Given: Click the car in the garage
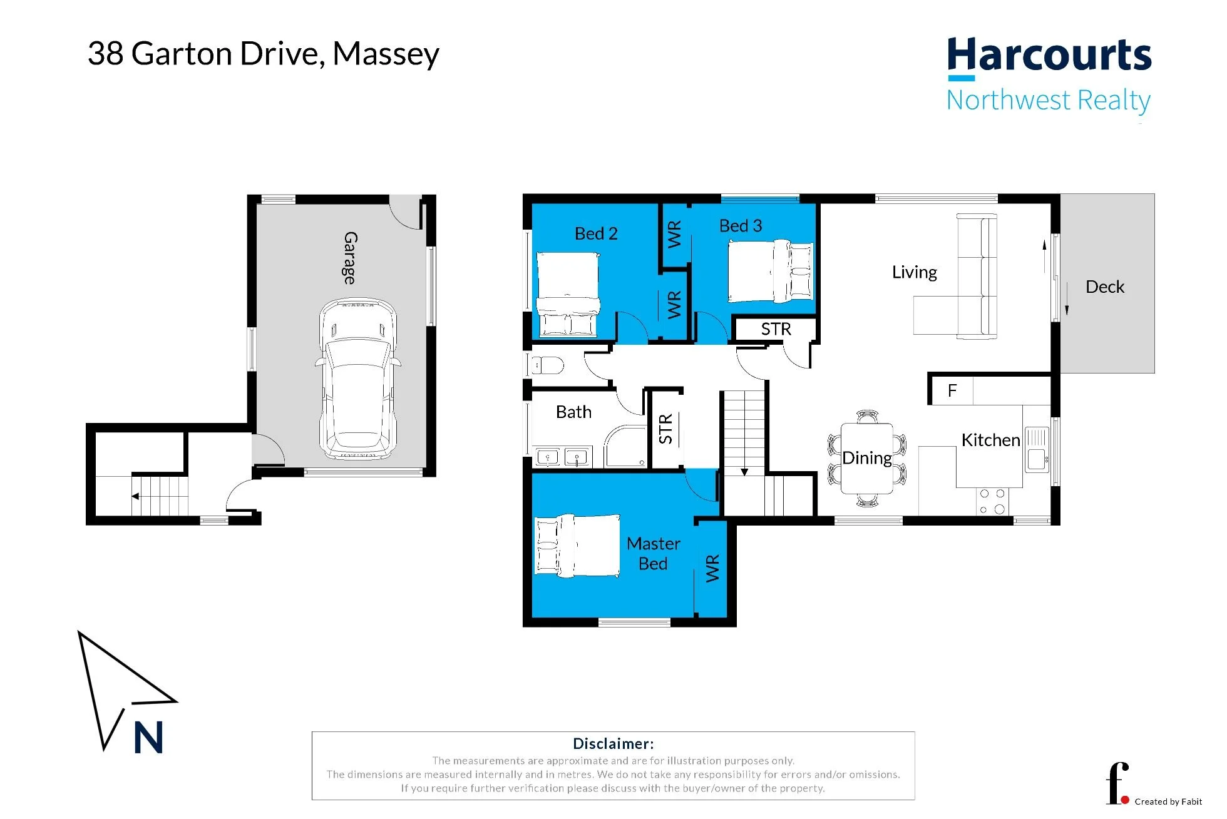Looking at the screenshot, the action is coord(358,379).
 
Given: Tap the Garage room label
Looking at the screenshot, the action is coord(351,258).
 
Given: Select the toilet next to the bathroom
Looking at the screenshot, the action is coord(546,364).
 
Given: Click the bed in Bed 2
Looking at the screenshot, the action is coord(568,294).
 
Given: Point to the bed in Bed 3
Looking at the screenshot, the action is coord(771,271).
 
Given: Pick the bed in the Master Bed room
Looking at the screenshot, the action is coord(577,545).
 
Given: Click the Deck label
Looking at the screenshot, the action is coord(1105,287).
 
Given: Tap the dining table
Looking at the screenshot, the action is coord(867,459).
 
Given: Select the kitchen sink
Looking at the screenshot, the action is coord(1037,450).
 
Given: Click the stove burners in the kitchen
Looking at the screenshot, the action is coord(992,502).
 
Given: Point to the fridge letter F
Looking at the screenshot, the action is coord(952,391).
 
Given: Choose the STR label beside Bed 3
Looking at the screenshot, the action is coord(776,329).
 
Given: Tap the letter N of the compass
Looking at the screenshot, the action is coord(148,737).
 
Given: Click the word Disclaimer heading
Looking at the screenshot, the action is coord(613,744).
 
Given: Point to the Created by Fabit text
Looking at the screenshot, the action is coord(1168,801).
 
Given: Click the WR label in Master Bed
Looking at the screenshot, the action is coord(712,568).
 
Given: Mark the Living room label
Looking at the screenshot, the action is coord(915,273).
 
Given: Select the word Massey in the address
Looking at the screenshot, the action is coord(386,54).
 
